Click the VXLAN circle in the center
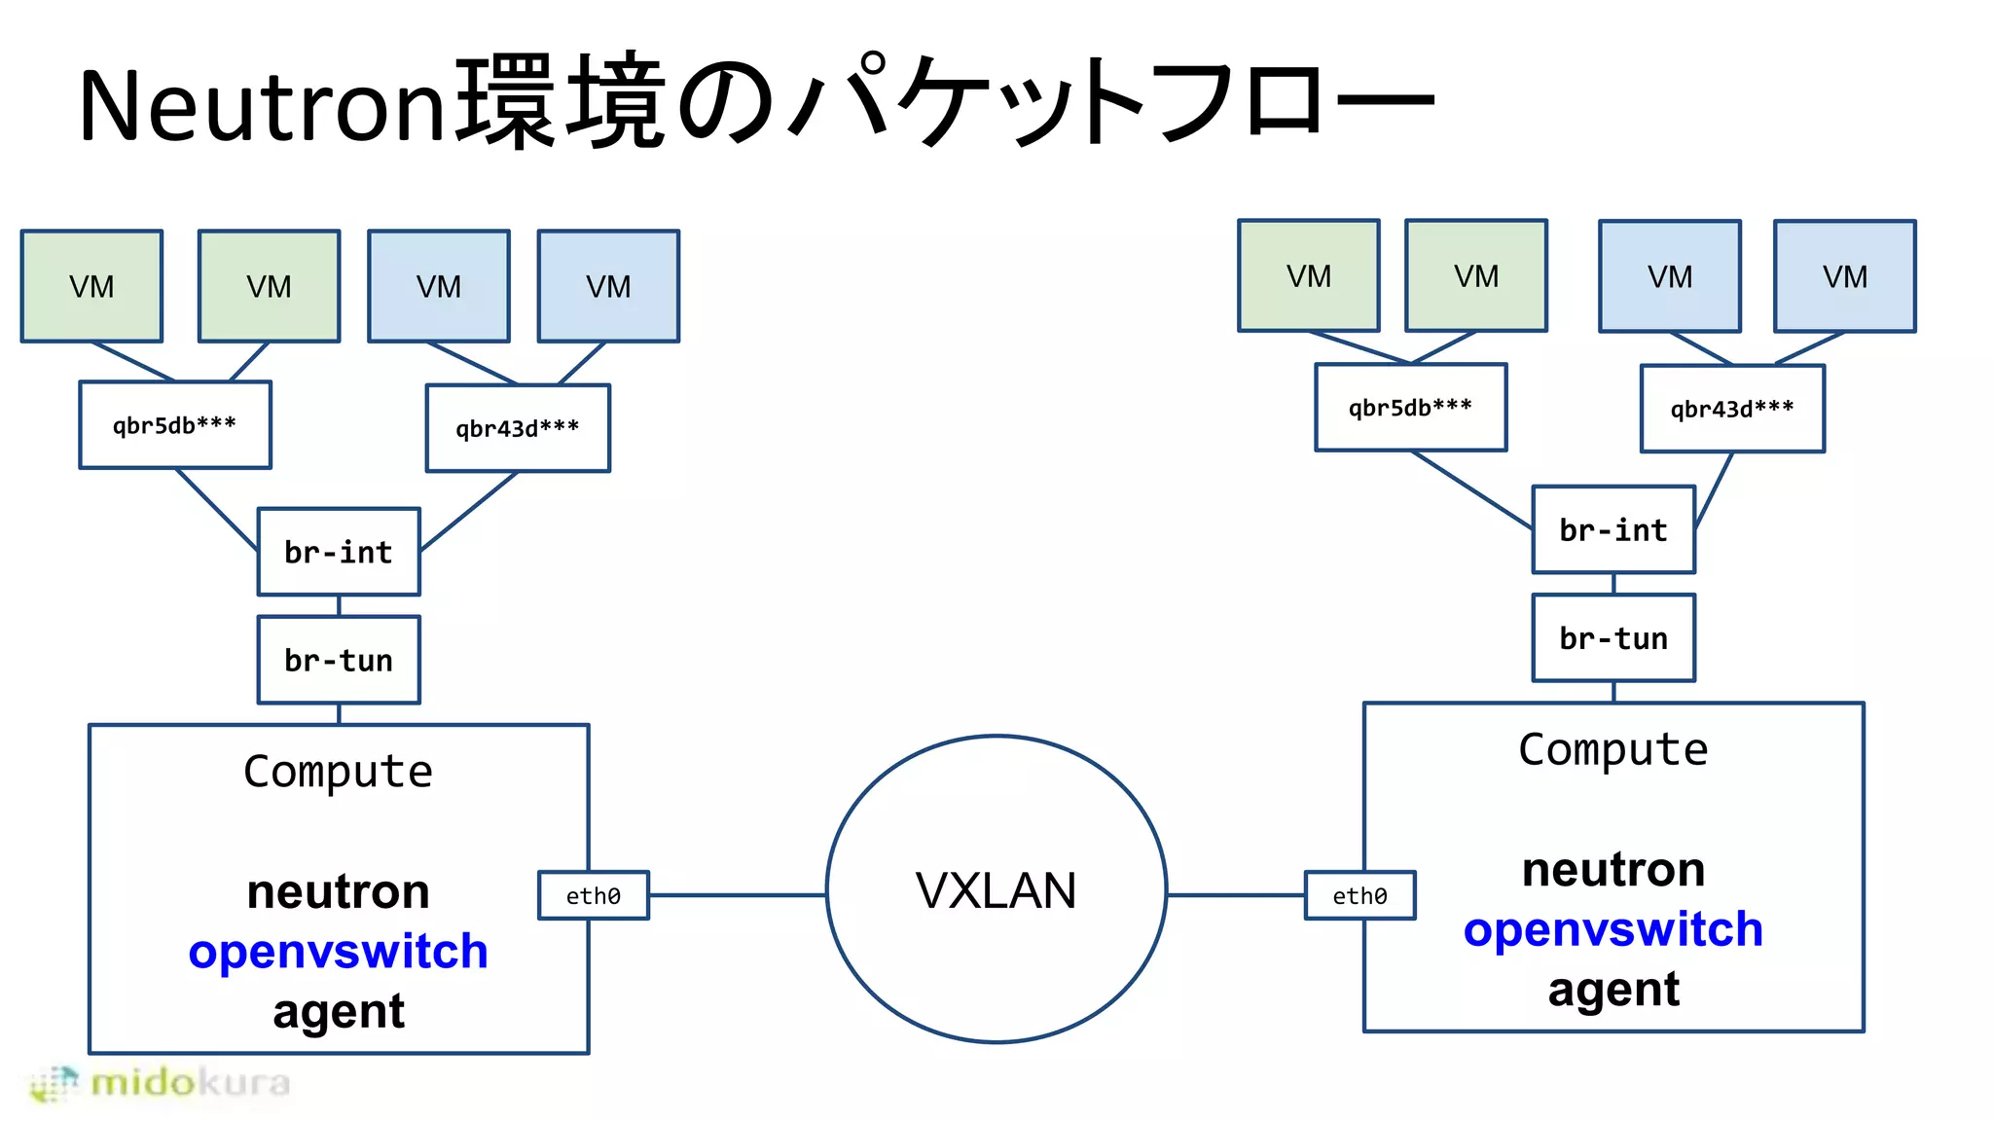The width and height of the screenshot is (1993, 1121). [x=996, y=889]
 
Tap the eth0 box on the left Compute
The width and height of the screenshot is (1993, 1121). [x=594, y=895]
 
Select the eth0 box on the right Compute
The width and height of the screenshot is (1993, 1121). [x=1359, y=895]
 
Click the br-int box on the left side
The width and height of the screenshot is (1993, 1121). [x=339, y=552]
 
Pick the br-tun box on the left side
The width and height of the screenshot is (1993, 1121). [x=339, y=660]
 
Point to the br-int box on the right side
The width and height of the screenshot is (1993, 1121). [x=1613, y=529]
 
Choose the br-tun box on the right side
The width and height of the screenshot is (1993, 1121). [x=1613, y=637]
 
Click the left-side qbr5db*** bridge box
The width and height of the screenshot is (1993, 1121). [x=175, y=425]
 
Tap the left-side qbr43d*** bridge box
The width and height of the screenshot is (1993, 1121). [x=518, y=428]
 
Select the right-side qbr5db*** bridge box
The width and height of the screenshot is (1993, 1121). [x=1410, y=408]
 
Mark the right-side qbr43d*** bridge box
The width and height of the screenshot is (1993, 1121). [x=1732, y=409]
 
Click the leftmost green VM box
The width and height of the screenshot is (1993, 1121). [x=91, y=286]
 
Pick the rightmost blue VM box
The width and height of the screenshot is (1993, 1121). [x=1844, y=276]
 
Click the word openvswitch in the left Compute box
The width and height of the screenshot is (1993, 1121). [x=338, y=951]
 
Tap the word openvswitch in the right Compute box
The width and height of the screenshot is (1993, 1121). [x=1613, y=929]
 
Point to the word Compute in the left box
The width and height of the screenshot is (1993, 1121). [x=338, y=772]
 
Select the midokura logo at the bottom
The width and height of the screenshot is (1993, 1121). [x=162, y=1082]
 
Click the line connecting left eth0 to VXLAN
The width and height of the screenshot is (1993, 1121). [x=737, y=895]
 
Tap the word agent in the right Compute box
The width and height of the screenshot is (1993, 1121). [x=1613, y=990]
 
